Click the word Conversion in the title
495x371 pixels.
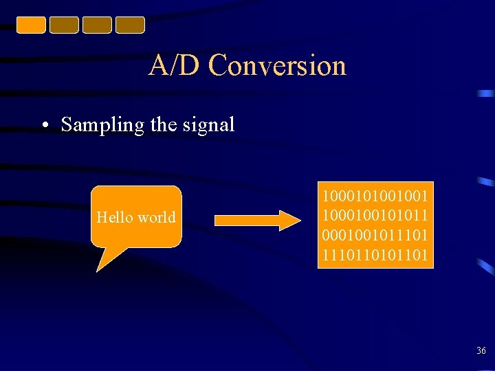[277, 66]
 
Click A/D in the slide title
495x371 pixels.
[175, 66]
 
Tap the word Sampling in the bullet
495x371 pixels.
[102, 124]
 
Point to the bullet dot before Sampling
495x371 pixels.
[44, 126]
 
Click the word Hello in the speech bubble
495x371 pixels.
[115, 218]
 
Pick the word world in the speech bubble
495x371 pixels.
[156, 218]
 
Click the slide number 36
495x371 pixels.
[481, 351]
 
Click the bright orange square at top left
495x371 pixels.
[31, 25]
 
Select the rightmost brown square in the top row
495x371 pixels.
[130, 25]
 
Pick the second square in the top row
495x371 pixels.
[64, 25]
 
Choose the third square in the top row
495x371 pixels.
[97, 25]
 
